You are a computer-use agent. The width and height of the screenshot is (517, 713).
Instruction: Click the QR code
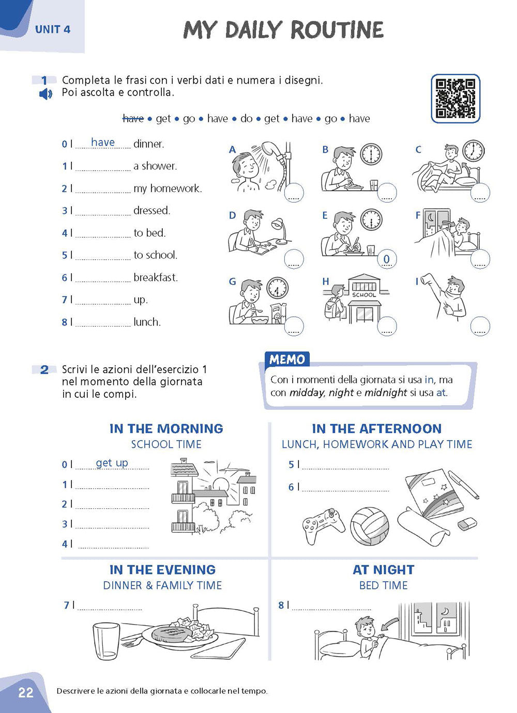tap(455, 98)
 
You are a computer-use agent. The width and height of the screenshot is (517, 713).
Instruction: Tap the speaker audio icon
tap(45, 94)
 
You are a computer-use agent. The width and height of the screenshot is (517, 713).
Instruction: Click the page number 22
tap(25, 692)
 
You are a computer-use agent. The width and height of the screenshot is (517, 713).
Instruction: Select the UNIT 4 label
tap(52, 29)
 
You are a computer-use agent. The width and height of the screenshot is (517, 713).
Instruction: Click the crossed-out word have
tap(133, 119)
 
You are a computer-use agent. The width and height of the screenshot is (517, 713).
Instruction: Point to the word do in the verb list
tap(247, 119)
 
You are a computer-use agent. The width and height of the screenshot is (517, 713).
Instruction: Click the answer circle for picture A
tap(294, 193)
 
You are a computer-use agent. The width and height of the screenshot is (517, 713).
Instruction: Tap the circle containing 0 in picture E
tap(387, 259)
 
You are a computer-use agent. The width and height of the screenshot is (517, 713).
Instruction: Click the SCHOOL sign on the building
tap(364, 295)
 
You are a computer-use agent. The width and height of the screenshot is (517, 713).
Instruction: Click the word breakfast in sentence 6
tap(156, 277)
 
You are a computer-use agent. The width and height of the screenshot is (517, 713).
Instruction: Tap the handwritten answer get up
tap(112, 463)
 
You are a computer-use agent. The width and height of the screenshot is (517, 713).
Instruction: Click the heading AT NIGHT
tap(383, 570)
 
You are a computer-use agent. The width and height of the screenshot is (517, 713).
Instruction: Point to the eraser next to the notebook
tap(467, 524)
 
